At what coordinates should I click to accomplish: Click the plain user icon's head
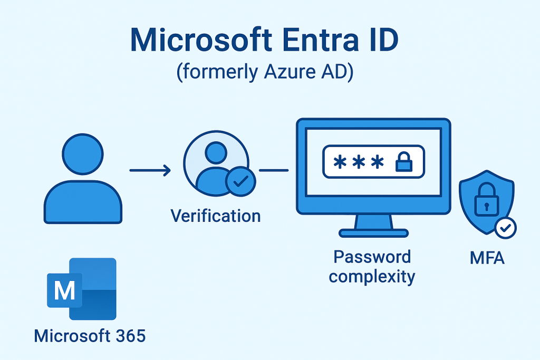click(83, 153)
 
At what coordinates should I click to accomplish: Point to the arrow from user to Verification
click(150, 170)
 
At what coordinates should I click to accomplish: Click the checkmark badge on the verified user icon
click(240, 182)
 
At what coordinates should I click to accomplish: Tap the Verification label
click(216, 215)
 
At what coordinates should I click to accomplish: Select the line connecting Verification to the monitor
click(274, 170)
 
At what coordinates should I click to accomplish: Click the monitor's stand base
click(373, 232)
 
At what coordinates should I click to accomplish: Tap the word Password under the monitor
click(372, 257)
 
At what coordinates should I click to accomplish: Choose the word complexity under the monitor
click(372, 276)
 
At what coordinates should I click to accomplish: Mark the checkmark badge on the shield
click(505, 228)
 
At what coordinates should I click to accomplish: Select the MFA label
click(487, 258)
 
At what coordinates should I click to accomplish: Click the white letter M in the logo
click(64, 290)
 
